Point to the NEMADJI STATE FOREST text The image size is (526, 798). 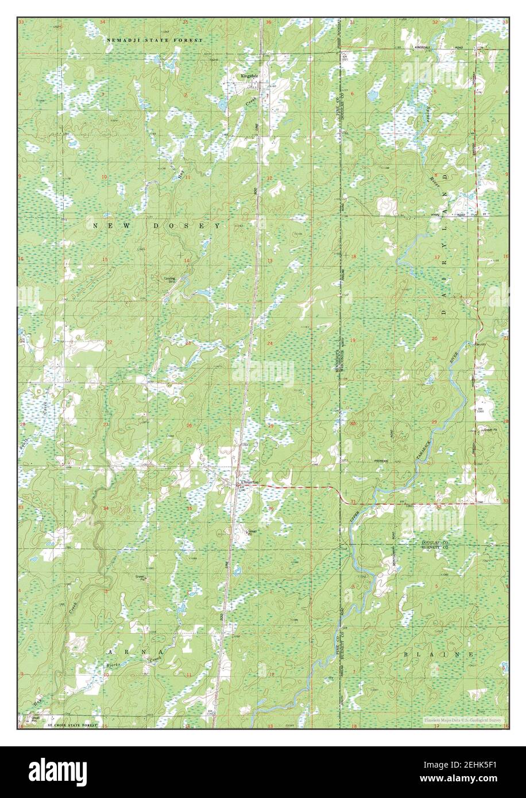tap(154, 40)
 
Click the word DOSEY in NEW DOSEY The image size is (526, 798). tap(186, 226)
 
